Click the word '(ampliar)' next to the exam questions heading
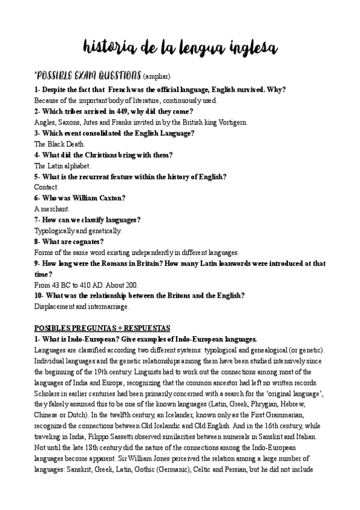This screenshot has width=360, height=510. tap(157, 76)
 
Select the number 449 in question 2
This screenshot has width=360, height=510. tap(121, 111)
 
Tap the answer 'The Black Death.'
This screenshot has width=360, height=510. tap(59, 144)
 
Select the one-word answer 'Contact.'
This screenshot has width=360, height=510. tap(46, 187)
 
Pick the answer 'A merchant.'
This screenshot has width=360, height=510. tap(52, 209)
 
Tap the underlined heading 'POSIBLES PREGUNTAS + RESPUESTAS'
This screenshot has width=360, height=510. tap(102, 328)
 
